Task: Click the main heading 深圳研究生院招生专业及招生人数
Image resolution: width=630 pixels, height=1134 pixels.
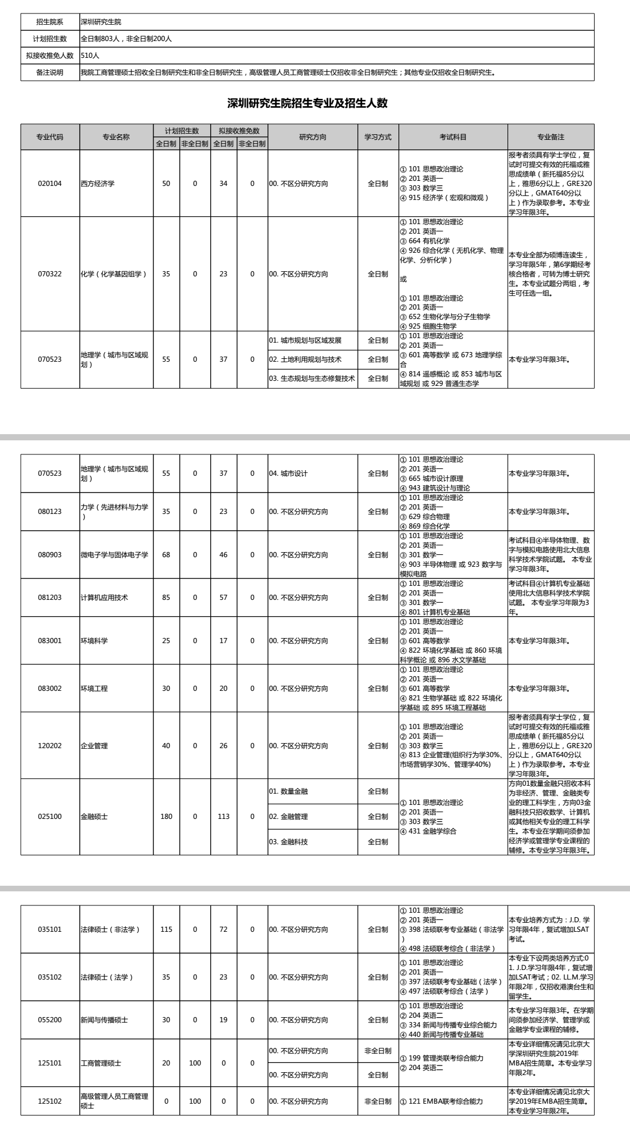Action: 307,103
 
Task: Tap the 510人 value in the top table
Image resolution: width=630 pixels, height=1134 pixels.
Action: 90,56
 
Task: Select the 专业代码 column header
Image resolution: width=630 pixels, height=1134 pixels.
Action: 50,137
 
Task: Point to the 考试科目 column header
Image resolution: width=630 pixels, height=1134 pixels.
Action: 453,137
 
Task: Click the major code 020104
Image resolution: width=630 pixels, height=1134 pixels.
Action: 50,184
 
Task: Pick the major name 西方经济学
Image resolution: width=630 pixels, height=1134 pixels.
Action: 98,184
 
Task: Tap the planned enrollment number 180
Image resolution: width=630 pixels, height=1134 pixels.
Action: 166,817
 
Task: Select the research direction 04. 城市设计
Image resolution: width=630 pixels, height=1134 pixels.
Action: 288,473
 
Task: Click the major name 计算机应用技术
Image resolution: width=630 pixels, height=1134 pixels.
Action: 105,598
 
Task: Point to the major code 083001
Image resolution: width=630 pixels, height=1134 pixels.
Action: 50,641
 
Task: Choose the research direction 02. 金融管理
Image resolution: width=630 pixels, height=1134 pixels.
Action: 288,817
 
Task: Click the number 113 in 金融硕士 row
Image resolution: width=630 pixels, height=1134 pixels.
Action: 224,817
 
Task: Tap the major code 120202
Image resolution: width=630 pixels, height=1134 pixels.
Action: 50,746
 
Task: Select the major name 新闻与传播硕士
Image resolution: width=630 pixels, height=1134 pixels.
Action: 105,1020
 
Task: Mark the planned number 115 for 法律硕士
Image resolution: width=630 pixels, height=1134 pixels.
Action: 166,930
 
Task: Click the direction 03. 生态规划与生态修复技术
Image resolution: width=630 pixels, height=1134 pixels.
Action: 312,379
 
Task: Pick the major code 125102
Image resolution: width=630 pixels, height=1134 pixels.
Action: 50,1101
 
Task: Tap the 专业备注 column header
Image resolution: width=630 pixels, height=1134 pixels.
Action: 551,137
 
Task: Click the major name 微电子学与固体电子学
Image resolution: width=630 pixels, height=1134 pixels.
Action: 115,555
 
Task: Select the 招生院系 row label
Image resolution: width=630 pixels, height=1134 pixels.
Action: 50,22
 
